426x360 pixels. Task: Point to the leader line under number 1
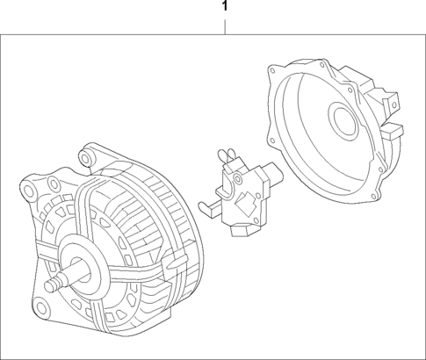[x=226, y=25]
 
